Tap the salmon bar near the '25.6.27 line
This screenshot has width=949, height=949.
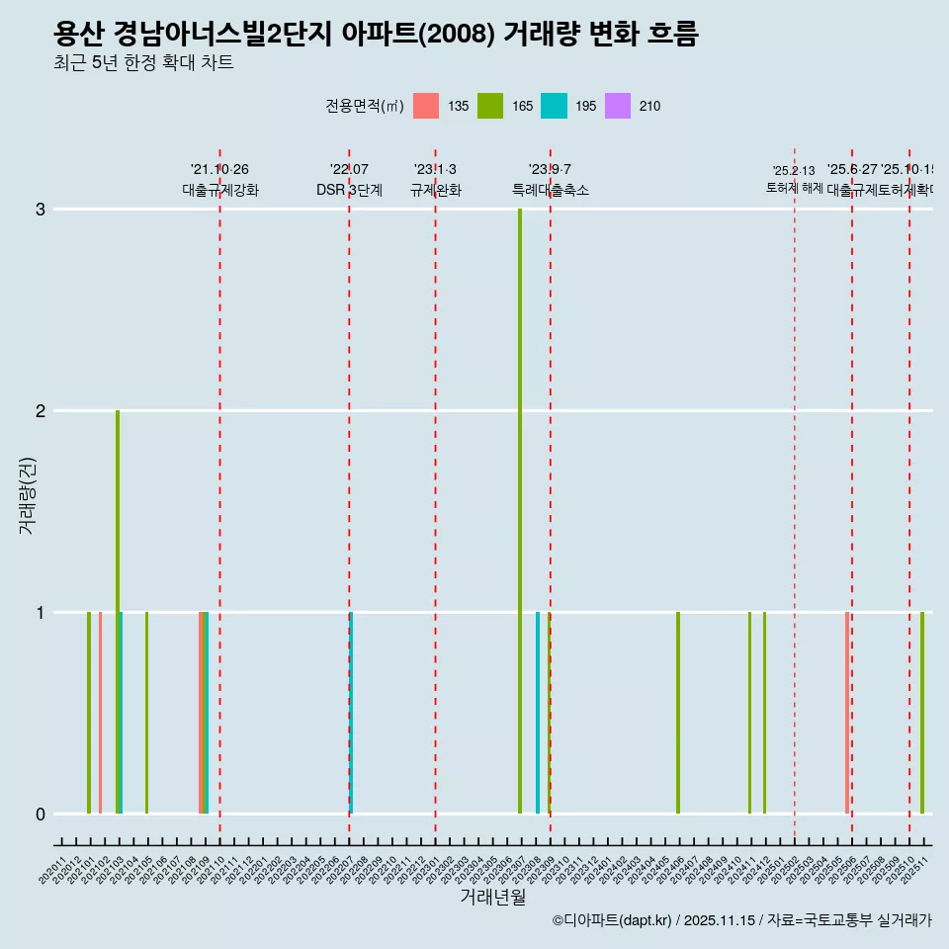847,713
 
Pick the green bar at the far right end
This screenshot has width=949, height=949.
922,713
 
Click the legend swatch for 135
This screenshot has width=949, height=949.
426,106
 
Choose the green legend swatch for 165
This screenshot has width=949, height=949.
489,106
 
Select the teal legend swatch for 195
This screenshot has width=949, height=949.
554,106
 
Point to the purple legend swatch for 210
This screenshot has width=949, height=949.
617,106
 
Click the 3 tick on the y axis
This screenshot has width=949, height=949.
41,210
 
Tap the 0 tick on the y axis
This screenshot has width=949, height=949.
41,815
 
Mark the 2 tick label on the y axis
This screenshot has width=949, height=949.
41,411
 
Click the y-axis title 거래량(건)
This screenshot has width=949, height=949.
28,495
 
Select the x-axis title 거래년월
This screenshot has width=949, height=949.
492,897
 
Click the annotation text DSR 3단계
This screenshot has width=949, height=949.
349,190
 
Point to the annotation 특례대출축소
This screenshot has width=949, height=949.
550,190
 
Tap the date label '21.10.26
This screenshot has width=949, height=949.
219,169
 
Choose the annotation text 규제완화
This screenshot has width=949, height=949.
435,190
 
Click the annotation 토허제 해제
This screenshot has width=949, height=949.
794,188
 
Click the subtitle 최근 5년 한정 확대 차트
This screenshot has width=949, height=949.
143,63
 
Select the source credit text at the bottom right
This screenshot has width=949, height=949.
741,920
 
